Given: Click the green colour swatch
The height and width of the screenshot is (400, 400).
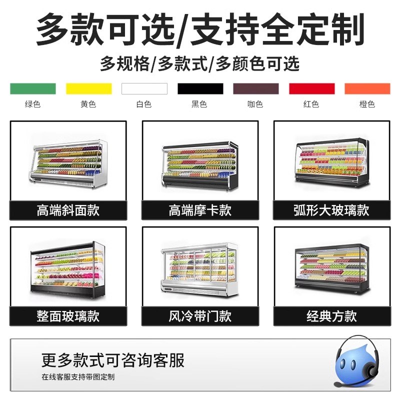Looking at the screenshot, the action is (x=33, y=88).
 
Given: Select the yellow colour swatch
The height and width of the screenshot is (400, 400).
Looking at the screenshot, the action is (x=89, y=88).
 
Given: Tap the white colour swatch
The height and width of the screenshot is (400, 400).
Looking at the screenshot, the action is (x=144, y=88).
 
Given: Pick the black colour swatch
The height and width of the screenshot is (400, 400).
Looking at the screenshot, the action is (x=200, y=88).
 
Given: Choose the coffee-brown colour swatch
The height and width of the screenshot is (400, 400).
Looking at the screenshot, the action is (x=255, y=88).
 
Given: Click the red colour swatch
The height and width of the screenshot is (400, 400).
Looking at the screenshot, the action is (x=311, y=88).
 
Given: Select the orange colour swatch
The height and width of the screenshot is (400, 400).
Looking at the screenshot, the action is (x=367, y=88).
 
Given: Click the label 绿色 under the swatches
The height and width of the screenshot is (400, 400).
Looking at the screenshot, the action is (x=33, y=104).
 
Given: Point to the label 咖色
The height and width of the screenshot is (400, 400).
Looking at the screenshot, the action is (x=255, y=104).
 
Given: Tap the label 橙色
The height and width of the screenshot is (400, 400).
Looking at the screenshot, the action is (x=367, y=104).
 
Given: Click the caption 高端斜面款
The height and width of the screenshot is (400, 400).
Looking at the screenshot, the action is (x=68, y=210).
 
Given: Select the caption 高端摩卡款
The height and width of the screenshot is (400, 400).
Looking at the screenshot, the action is (x=200, y=210).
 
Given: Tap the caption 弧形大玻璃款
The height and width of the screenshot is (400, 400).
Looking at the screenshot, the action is (x=331, y=210).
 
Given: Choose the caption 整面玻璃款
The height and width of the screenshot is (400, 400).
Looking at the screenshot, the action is (x=68, y=316).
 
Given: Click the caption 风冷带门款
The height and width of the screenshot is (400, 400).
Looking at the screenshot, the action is (x=200, y=316).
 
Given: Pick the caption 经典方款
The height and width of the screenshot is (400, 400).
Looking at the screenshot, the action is (x=331, y=316).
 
